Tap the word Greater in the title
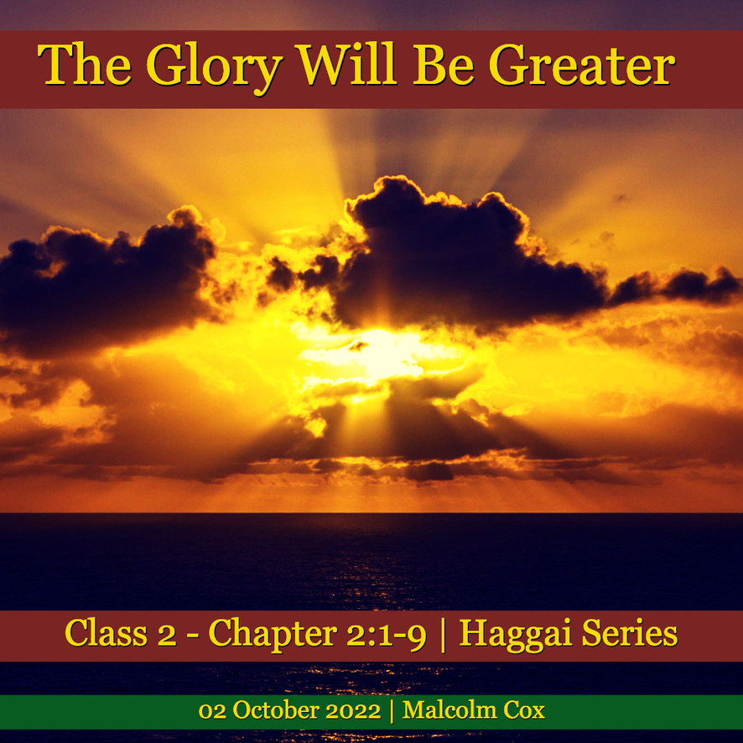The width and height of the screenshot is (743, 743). [582, 65]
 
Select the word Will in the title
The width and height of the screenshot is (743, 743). [346, 64]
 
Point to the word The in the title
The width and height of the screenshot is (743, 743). [85, 64]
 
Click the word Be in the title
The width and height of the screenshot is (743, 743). [444, 65]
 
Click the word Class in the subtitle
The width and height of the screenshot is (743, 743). [107, 632]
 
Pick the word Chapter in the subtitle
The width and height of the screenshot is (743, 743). [273, 635]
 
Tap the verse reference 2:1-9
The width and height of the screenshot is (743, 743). [387, 633]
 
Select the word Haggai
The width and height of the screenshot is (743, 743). [516, 635]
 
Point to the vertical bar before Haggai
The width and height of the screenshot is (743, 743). [443, 635]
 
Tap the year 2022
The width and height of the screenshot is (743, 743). [354, 711]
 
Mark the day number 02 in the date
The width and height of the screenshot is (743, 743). [212, 711]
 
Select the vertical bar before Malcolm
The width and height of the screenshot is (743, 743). [392, 711]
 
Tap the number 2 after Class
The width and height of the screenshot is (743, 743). [167, 634]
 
